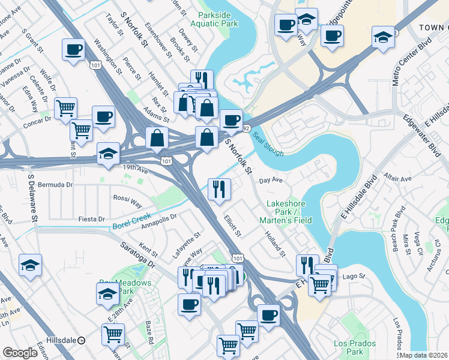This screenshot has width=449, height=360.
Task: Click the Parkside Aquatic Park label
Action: point(214,19)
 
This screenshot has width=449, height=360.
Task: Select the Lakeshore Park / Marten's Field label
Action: point(287,212)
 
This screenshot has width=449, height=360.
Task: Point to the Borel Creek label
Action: point(131,223)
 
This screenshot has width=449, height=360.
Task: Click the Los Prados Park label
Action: point(355,347)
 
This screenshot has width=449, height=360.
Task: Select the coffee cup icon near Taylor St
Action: point(73,50)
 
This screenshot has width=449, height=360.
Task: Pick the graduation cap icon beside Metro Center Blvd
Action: point(382,37)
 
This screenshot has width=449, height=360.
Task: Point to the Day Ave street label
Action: point(270,179)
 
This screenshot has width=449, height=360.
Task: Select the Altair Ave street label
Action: point(398,179)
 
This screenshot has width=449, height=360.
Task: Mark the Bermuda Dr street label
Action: point(55,185)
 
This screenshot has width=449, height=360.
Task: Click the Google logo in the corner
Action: point(20,353)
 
